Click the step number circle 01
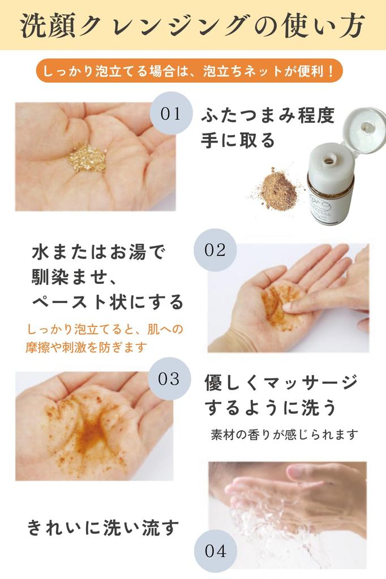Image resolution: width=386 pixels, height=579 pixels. point(170,114)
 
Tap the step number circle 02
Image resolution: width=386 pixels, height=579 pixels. point(215,250)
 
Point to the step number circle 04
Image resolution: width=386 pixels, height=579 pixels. point(216,551)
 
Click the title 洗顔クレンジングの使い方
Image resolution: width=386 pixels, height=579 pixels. point(193,26)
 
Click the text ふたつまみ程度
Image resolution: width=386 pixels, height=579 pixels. point(268,116)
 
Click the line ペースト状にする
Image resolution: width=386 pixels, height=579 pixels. point(108,301)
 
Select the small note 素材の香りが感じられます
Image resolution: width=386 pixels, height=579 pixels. point(284,434)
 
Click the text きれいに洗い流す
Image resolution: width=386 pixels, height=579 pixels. point(104,528)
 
